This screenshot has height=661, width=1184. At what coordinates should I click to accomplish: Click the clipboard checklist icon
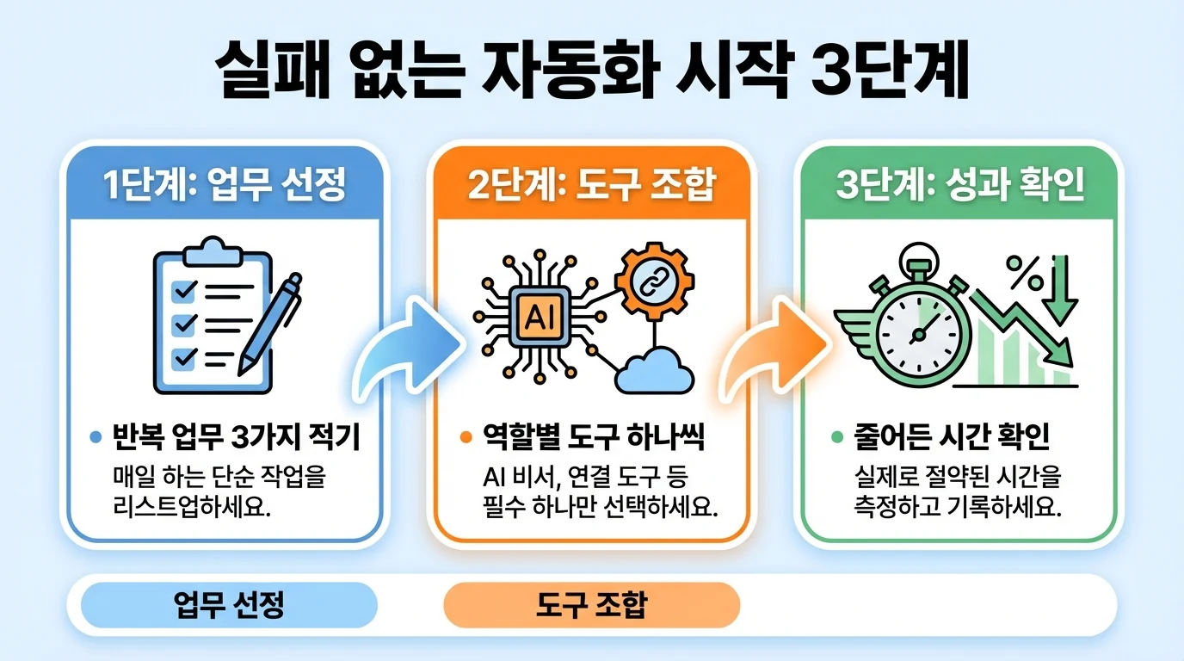207,314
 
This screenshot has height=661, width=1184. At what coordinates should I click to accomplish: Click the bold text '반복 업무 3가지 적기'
236,438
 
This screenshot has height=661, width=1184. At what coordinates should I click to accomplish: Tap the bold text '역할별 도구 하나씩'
595,438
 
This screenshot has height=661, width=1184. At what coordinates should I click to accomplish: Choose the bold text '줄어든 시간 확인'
952,438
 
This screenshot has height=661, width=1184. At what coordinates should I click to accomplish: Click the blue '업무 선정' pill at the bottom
229,605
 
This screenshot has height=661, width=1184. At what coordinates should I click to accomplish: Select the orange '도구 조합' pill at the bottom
591,605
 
